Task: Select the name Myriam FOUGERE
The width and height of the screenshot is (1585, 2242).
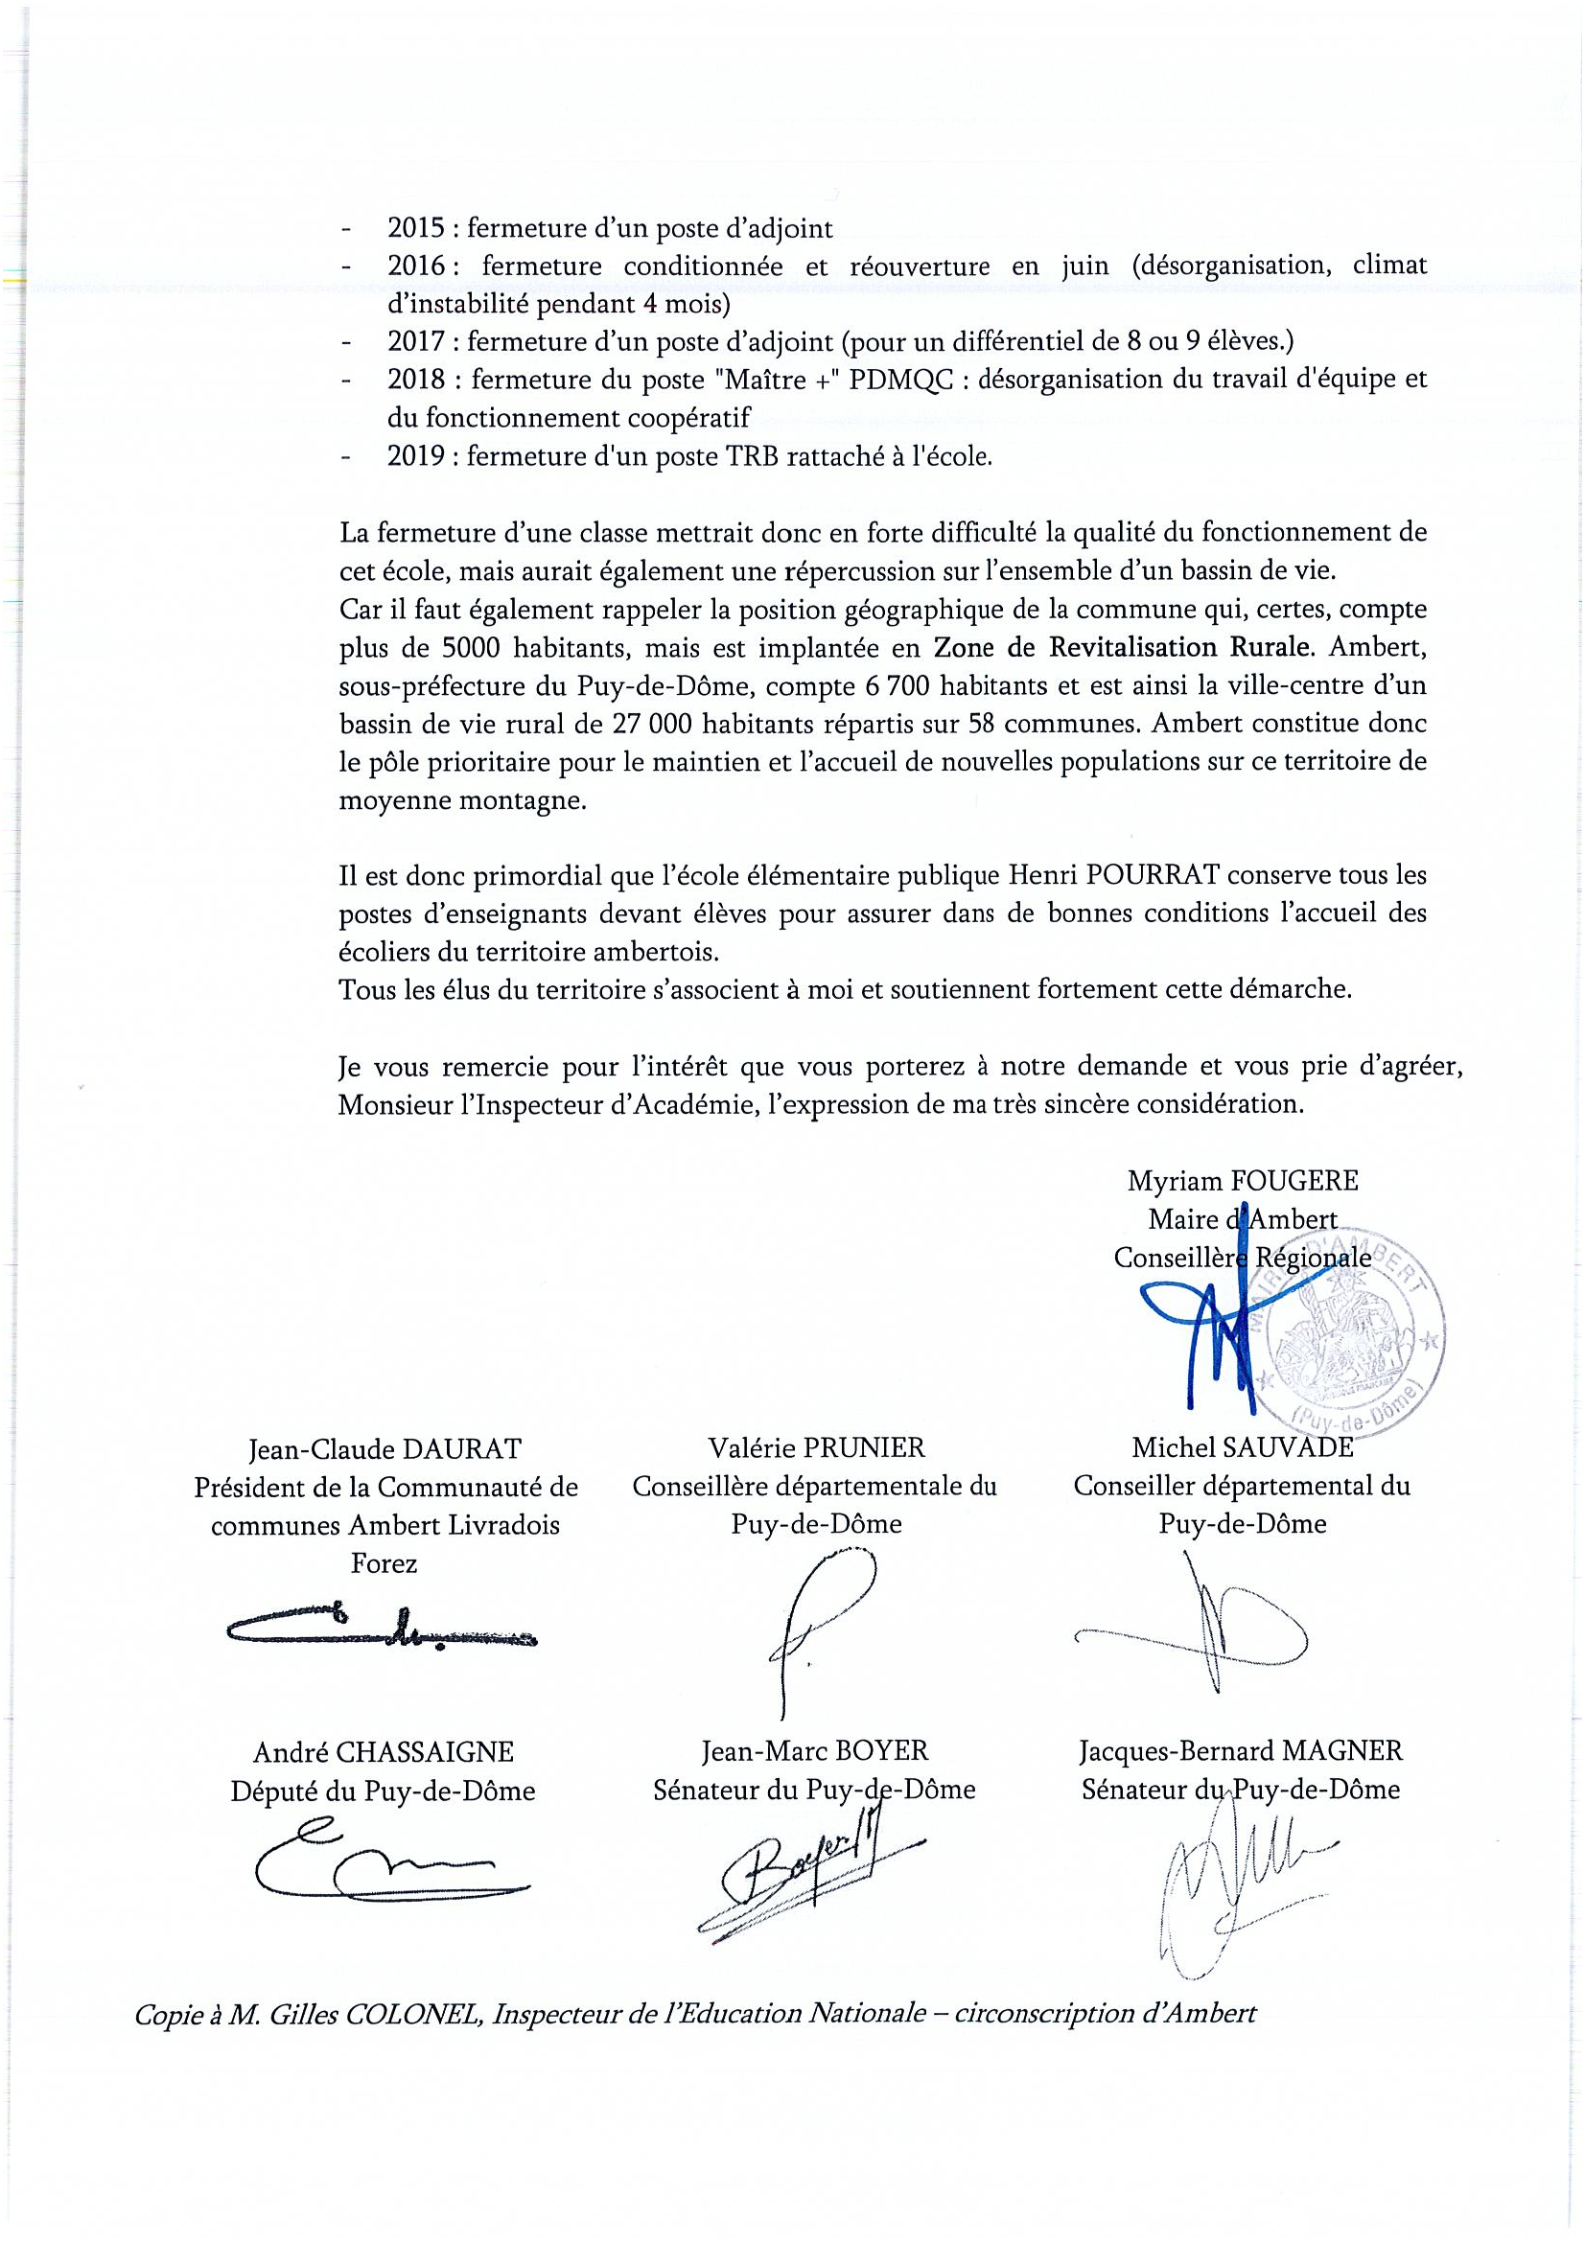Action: pyautogui.click(x=1243, y=1181)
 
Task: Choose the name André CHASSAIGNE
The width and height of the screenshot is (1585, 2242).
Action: pyautogui.click(x=383, y=1752)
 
